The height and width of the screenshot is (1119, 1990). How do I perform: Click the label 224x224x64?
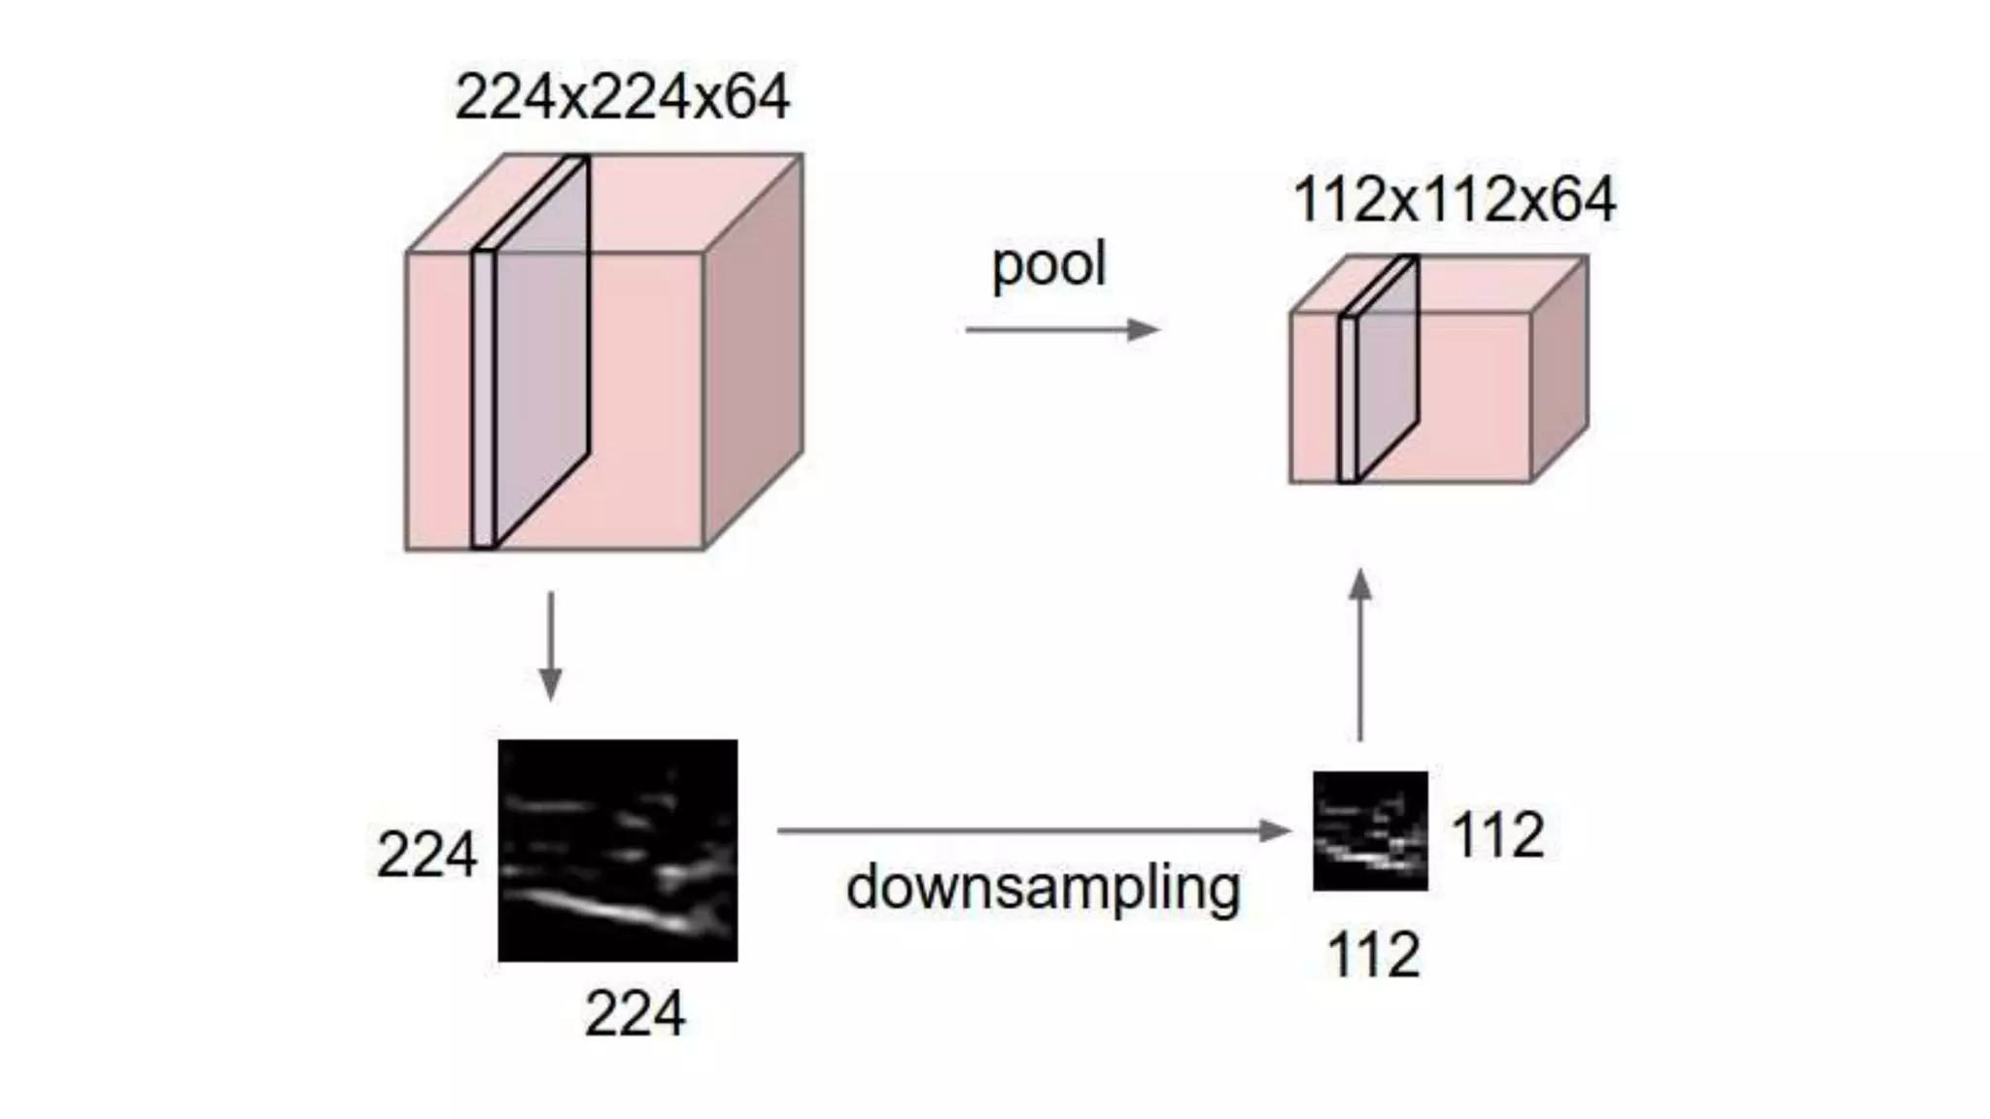tap(622, 97)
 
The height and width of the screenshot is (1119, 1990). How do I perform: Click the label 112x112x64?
tap(1454, 200)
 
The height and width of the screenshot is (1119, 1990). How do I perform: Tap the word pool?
tap(1048, 264)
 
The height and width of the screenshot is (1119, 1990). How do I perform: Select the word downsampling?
tap(1043, 889)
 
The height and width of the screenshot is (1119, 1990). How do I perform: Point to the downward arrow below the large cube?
tap(551, 645)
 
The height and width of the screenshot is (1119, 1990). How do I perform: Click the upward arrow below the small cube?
tap(1360, 656)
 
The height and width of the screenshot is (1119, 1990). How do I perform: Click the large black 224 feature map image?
tap(618, 850)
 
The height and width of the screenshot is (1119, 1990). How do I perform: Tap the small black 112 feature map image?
tap(1370, 831)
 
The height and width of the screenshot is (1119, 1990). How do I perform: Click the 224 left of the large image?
tap(427, 856)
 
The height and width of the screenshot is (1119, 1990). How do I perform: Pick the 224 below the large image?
tap(635, 1014)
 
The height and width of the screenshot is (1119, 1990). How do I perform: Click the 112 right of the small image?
tap(1497, 835)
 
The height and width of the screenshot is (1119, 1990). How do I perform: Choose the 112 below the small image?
tap(1373, 955)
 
